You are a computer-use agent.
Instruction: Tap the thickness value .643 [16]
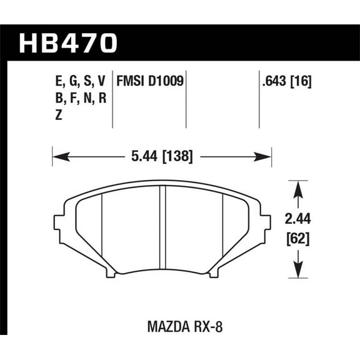tap(286, 81)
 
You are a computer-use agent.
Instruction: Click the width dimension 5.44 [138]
tap(162, 154)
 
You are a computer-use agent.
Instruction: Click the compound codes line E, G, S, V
tap(81, 81)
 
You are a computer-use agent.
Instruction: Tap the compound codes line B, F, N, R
tap(81, 97)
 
